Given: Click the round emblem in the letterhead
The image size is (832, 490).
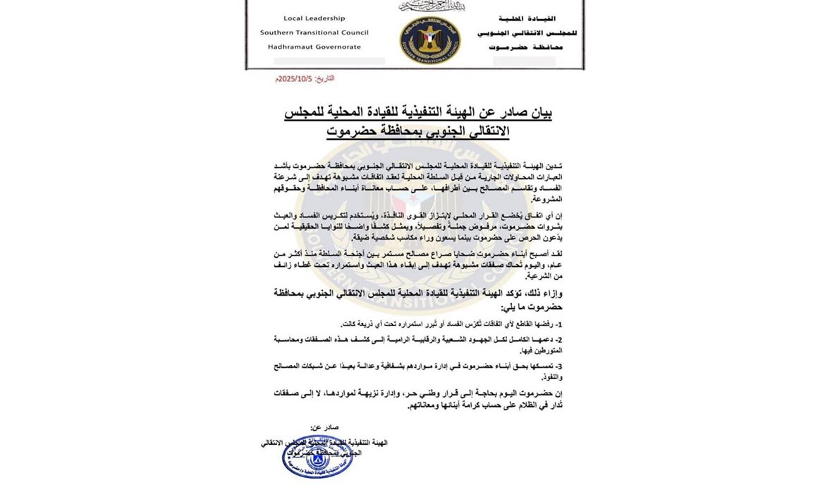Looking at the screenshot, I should pyautogui.click(x=429, y=40).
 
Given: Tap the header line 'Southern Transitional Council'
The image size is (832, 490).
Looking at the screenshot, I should pyautogui.click(x=314, y=32).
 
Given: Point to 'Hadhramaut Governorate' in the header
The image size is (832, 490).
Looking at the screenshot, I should pyautogui.click(x=314, y=47).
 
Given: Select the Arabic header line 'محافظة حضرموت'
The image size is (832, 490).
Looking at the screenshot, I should pyautogui.click(x=518, y=47).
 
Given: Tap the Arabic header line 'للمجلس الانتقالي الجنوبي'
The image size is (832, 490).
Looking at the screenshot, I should pyautogui.click(x=517, y=32).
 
